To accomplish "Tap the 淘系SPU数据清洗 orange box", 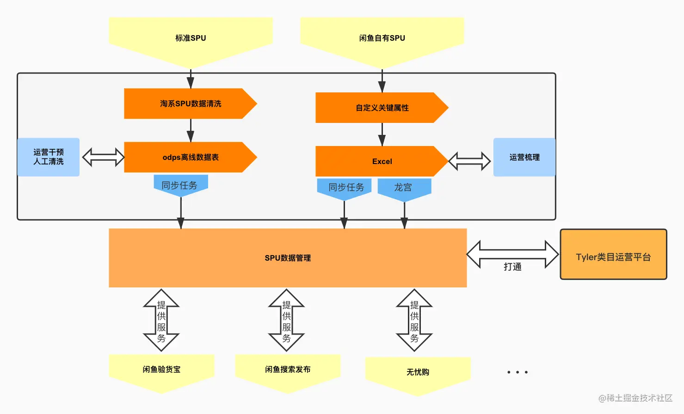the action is click(x=191, y=103).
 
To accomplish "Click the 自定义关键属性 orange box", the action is click(x=382, y=108).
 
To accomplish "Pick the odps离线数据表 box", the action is click(x=191, y=157).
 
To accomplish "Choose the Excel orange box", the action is click(x=382, y=161).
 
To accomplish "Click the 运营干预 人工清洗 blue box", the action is click(x=49, y=157).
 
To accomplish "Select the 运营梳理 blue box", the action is click(x=524, y=157).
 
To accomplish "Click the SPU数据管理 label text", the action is click(x=288, y=258).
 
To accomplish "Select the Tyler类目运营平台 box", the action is click(x=613, y=254).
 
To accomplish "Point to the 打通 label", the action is click(x=512, y=267).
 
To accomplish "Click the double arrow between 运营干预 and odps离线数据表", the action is click(x=103, y=157).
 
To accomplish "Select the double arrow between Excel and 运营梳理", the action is click(x=469, y=161).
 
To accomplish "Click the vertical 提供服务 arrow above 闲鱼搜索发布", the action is click(x=286, y=320).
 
